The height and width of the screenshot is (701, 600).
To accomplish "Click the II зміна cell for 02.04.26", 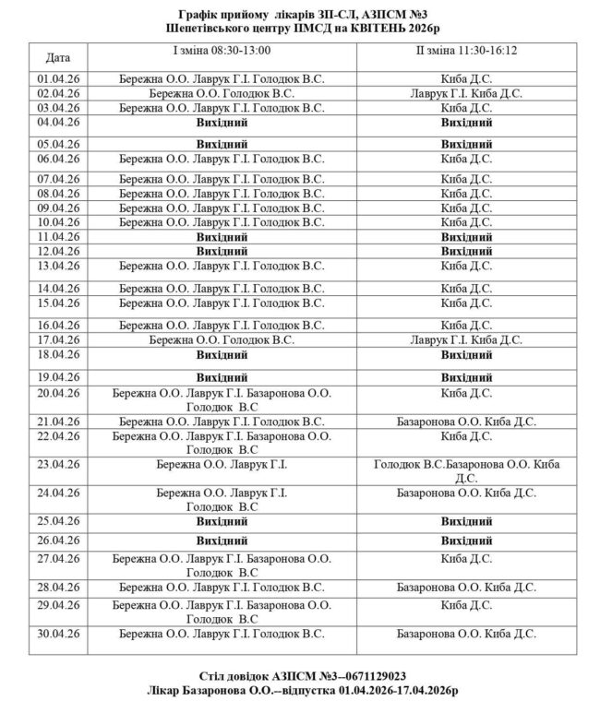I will click(466, 93).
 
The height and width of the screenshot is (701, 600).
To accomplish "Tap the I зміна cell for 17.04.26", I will click(222, 339).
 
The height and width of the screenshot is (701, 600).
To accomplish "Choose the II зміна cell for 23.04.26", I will click(466, 470).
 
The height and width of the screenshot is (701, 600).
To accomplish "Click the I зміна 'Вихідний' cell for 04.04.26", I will click(222, 122).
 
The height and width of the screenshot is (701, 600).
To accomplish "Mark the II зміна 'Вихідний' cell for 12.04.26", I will click(466, 251).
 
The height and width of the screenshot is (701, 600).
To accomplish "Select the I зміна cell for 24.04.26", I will click(222, 499).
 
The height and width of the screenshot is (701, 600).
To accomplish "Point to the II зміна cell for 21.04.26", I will click(466, 421).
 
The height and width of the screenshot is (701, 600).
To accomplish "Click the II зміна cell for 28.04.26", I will click(466, 587).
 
